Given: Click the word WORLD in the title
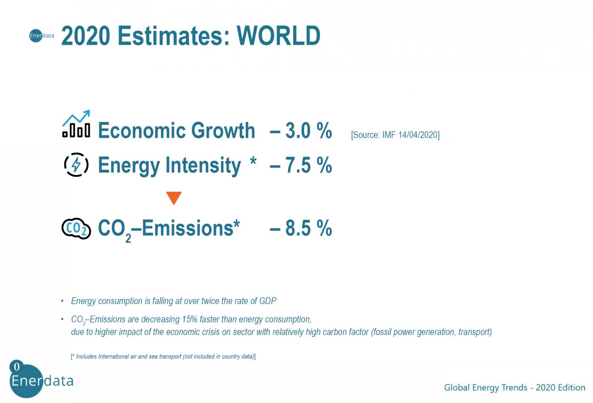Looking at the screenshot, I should coord(278,36).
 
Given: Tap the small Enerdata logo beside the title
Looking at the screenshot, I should coord(42,36).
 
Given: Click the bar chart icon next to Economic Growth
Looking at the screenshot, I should coord(76,124).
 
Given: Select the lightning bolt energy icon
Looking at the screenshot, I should coord(76,164).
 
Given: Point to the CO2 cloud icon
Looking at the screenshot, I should coord(76,229).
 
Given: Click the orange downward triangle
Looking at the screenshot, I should coord(174,197).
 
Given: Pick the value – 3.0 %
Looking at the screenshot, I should coord(301,131).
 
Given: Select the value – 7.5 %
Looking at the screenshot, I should coord(301,165).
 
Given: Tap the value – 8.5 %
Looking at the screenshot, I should coord(301,228).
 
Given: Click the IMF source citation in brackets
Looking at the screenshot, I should coord(395,135).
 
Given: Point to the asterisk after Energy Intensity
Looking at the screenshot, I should coord(253,162).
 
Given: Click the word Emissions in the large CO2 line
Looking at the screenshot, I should coord(187,228).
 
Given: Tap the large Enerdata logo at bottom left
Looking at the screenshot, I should coord(41,381).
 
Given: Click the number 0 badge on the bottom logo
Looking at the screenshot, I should coord(17,367).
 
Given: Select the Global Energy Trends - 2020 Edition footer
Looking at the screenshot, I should coord(514,387).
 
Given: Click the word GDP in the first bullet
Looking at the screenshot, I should coord(268,301).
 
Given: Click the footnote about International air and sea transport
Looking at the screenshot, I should coord(163,356).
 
